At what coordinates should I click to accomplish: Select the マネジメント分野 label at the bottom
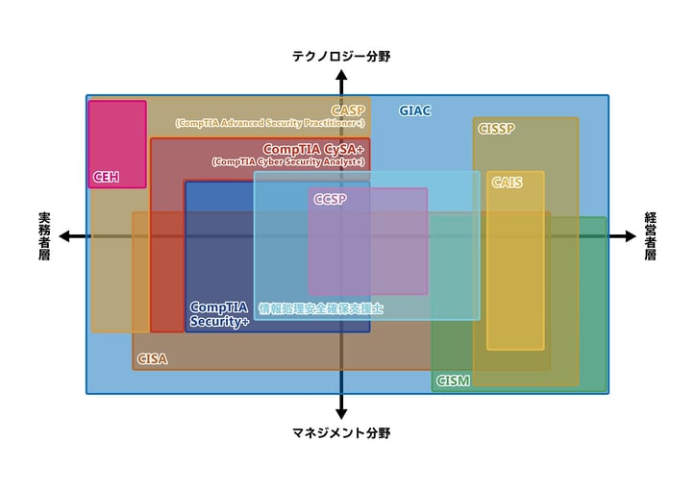(x=341, y=433)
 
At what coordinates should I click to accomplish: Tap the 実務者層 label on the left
(x=44, y=236)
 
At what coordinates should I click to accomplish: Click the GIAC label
(x=415, y=110)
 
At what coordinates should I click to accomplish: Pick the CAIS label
(x=507, y=182)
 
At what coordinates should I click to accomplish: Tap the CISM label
(x=453, y=381)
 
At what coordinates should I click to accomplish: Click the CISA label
(x=152, y=358)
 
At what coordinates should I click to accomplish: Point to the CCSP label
(x=329, y=198)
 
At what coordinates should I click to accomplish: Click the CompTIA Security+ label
(x=219, y=314)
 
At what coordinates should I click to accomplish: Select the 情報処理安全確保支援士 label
(x=321, y=309)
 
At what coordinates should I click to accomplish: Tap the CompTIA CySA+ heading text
(x=312, y=150)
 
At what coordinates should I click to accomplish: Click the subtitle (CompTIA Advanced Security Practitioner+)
(x=270, y=123)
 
